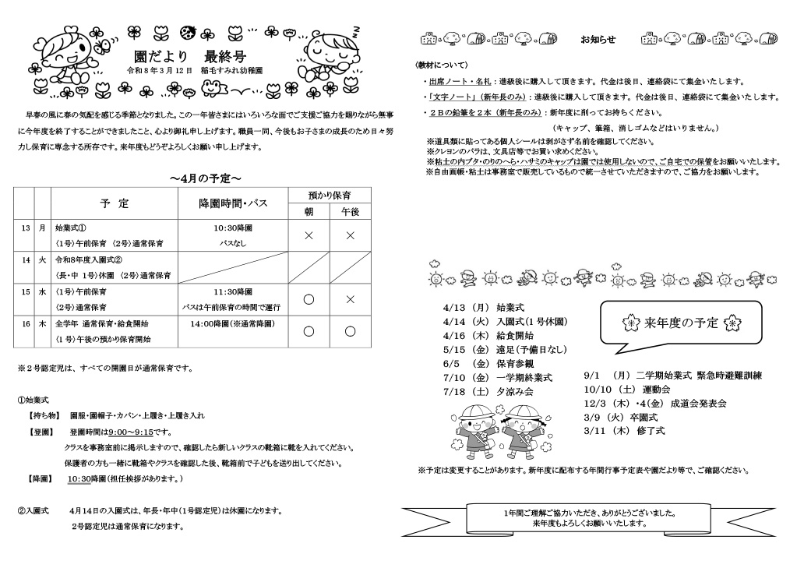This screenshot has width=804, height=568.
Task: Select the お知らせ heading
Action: point(598,39)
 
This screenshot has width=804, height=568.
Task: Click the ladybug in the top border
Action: point(187,33)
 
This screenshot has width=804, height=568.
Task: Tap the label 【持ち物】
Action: point(46,416)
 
